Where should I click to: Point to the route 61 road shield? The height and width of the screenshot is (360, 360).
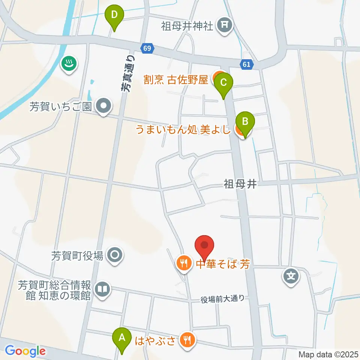pyautogui.click(x=246, y=64)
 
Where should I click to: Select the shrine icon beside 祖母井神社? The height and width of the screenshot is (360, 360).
pyautogui.click(x=225, y=26)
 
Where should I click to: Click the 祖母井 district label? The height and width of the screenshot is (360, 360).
pyautogui.click(x=240, y=184)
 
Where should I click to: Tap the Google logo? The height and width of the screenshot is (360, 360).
pyautogui.click(x=25, y=351)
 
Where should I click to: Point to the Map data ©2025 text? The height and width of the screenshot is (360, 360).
pyautogui.click(x=328, y=354)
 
